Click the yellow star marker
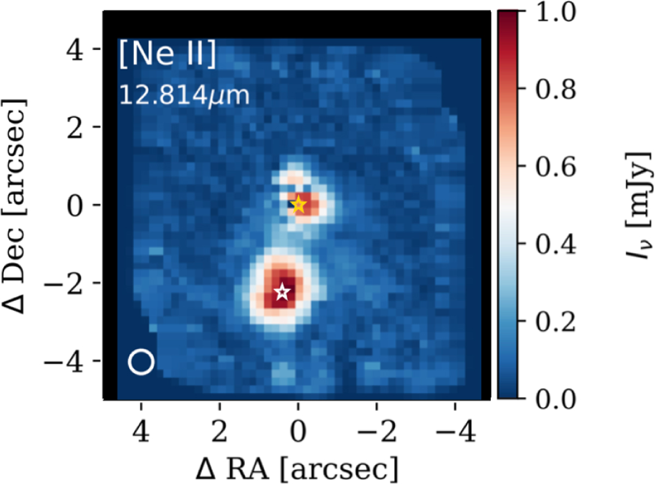coord(299,204)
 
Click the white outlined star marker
coord(283,292)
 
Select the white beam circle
coord(141,362)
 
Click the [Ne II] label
coord(168,54)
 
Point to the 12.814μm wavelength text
coord(184,96)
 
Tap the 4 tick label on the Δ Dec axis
coord(74,50)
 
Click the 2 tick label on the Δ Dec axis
coord(75,128)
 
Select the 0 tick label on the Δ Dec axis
coord(75,205)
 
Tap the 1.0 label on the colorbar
coord(556,12)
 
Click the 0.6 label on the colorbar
coord(556,167)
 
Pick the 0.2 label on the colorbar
coord(556,322)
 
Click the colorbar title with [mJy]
coord(638,205)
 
